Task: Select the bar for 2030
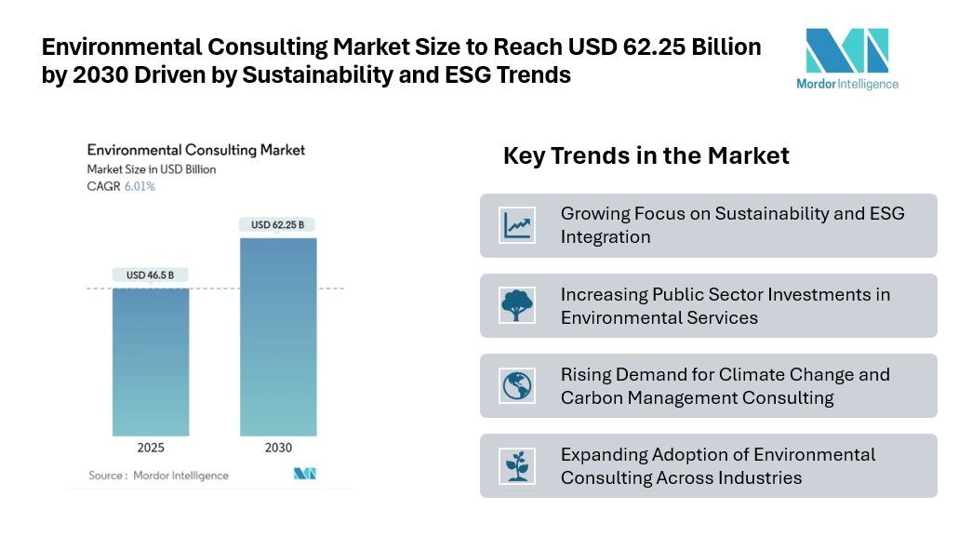[x=278, y=336]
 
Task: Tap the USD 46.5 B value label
[x=151, y=275]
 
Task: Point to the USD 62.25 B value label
[x=278, y=224]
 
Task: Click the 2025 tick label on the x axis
[x=151, y=448]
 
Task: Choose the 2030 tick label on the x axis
[x=278, y=448]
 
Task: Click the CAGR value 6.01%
[x=140, y=186]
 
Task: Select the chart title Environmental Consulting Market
[x=195, y=149]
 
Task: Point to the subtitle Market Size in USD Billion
[x=151, y=169]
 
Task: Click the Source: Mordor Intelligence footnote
[x=158, y=476]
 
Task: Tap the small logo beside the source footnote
[x=305, y=474]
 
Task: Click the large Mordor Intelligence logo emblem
[x=846, y=51]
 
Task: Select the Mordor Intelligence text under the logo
[x=847, y=84]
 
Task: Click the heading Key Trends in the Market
[x=646, y=155]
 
